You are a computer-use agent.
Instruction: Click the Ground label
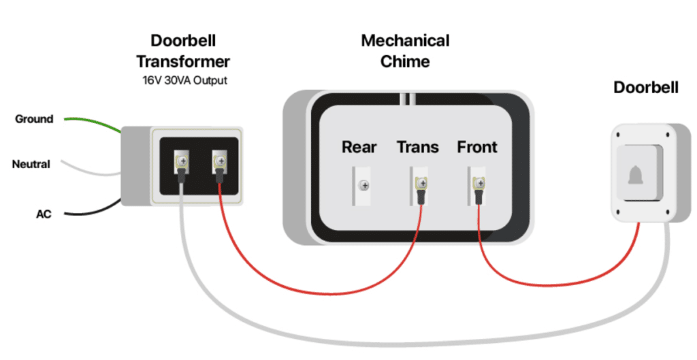tap(34, 119)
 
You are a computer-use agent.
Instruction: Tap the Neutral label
tap(31, 164)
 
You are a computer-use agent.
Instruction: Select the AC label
tap(44, 214)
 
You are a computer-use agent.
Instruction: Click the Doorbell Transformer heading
tap(182, 52)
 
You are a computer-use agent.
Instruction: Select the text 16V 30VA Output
tap(182, 80)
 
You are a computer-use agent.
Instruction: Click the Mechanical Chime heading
tap(405, 50)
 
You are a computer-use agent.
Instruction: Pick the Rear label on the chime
tap(359, 146)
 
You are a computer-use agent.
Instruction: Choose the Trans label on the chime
tap(418, 146)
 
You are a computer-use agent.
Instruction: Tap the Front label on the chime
tap(477, 146)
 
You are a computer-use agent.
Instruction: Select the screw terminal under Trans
tap(422, 182)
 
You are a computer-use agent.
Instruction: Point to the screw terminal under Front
tap(481, 182)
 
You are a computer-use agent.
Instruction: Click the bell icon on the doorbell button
tap(635, 174)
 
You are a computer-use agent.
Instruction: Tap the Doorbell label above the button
tap(645, 88)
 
